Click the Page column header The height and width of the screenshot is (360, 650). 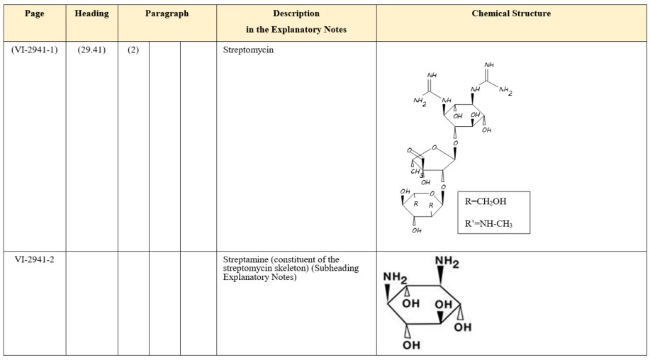click(x=34, y=13)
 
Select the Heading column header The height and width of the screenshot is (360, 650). click(x=91, y=13)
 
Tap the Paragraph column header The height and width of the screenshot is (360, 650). click(x=167, y=13)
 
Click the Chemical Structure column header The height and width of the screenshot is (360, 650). click(x=511, y=13)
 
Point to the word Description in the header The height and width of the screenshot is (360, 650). click(x=296, y=13)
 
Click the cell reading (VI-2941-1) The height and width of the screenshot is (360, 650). click(x=35, y=51)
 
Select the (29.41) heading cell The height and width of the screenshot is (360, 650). click(x=91, y=51)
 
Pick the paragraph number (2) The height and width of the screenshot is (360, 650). click(x=133, y=51)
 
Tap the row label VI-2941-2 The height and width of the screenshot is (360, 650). click(x=35, y=259)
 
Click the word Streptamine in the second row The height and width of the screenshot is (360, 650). click(x=245, y=259)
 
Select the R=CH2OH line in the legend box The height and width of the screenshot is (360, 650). click(x=486, y=201)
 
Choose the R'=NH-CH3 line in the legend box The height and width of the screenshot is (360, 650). click(x=488, y=224)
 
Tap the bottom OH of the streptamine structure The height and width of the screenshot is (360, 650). click(x=411, y=345)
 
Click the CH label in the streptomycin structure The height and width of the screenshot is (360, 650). click(x=416, y=171)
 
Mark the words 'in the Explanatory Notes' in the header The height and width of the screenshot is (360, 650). click(x=296, y=29)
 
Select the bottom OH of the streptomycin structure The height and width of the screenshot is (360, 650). click(x=417, y=230)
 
